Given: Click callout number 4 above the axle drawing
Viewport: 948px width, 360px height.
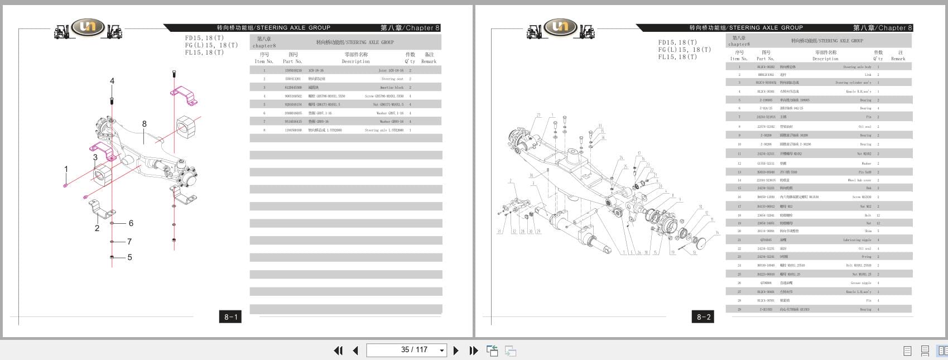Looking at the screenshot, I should [x=112, y=81].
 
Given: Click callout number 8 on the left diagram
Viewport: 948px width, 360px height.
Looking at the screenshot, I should [x=145, y=124].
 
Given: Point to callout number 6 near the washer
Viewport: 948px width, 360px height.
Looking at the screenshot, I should [x=131, y=223].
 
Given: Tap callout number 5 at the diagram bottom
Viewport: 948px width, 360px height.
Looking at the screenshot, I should [x=130, y=257].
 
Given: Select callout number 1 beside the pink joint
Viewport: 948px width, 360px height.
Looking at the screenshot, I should [x=66, y=169].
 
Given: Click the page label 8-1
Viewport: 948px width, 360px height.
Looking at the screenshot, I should [x=230, y=317].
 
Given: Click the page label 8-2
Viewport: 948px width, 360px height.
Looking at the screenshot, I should [x=704, y=317].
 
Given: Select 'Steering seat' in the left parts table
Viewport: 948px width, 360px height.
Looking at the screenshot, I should [x=392, y=79].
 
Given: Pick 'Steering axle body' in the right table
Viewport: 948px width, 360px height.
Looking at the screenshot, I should [x=857, y=67].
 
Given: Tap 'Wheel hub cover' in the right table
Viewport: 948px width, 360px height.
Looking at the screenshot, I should [x=859, y=180].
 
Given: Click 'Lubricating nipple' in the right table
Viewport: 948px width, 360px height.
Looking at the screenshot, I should [x=857, y=240].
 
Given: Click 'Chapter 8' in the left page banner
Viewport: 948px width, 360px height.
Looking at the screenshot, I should [x=422, y=28].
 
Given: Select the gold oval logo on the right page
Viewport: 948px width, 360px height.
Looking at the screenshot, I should [x=560, y=26].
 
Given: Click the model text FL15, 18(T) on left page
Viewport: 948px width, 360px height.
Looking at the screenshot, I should [x=204, y=52].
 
